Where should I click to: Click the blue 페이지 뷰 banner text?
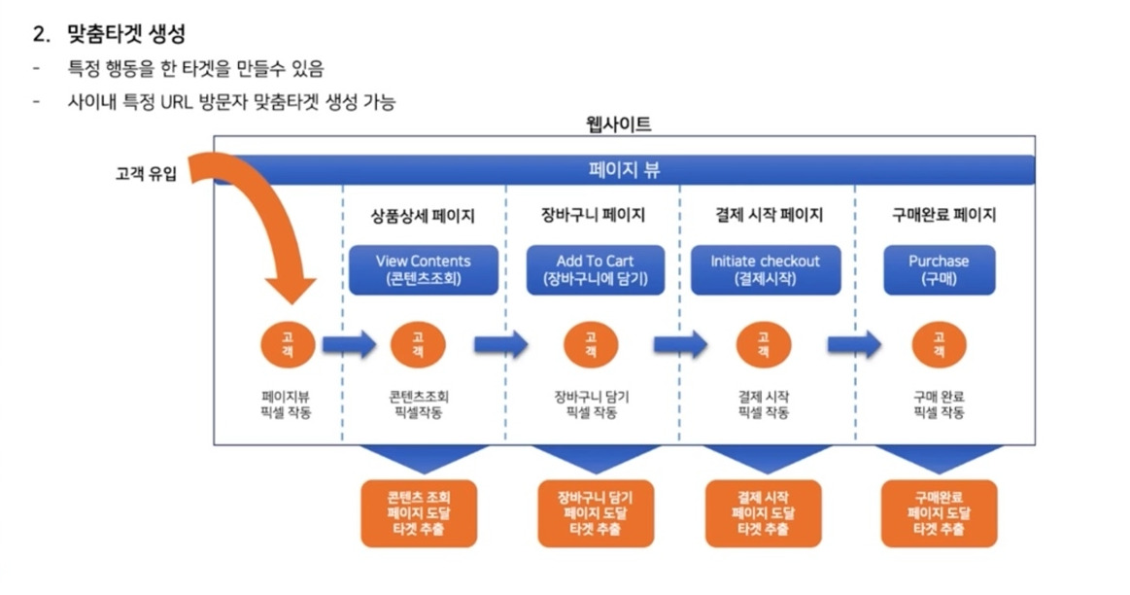pos(624,170)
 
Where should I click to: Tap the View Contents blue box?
pos(423,269)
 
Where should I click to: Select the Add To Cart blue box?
pos(596,269)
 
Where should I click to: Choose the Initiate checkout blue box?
pos(765,269)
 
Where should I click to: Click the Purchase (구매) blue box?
pos(939,269)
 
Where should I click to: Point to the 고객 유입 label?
pos(146,176)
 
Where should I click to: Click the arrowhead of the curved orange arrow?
pos(291,288)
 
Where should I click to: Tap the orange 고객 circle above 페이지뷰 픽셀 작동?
pos(287,343)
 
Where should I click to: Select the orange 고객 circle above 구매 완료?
pos(939,343)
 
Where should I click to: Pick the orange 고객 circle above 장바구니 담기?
pos(591,343)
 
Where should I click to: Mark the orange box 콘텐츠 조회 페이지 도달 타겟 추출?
pos(419,512)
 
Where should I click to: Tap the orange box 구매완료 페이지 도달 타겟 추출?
pos(939,512)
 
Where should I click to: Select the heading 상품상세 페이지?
pos(423,216)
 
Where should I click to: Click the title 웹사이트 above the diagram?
pos(622,124)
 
